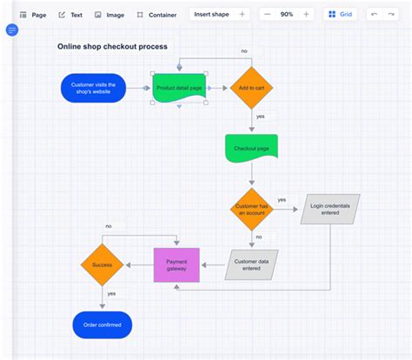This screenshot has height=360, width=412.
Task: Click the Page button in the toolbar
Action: point(34,15)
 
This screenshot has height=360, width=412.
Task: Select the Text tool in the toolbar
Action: point(70,15)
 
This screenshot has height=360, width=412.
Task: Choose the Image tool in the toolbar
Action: point(110,15)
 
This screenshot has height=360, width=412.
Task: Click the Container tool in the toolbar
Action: point(156,15)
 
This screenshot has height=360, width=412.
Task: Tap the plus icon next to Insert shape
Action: point(242,15)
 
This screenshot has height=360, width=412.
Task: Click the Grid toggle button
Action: point(340,15)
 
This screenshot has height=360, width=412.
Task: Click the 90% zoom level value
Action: point(286,15)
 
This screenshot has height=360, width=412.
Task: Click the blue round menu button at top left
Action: point(12,30)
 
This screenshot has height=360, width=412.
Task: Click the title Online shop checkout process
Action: point(112,47)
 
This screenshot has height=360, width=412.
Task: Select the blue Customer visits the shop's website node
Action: point(93,87)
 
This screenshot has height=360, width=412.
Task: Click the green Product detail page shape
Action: point(178,87)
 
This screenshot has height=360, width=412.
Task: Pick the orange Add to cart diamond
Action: point(252,87)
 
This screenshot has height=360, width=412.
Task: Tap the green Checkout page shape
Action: point(251,148)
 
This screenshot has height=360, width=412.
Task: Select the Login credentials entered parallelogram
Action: point(329,209)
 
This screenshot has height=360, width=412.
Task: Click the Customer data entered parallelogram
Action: point(252,264)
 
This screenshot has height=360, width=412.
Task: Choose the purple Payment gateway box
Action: point(176,264)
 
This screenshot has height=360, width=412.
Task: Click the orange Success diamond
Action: point(103,264)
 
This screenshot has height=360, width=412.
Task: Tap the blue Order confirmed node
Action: point(102,324)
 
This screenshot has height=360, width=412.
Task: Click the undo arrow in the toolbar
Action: point(375,15)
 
